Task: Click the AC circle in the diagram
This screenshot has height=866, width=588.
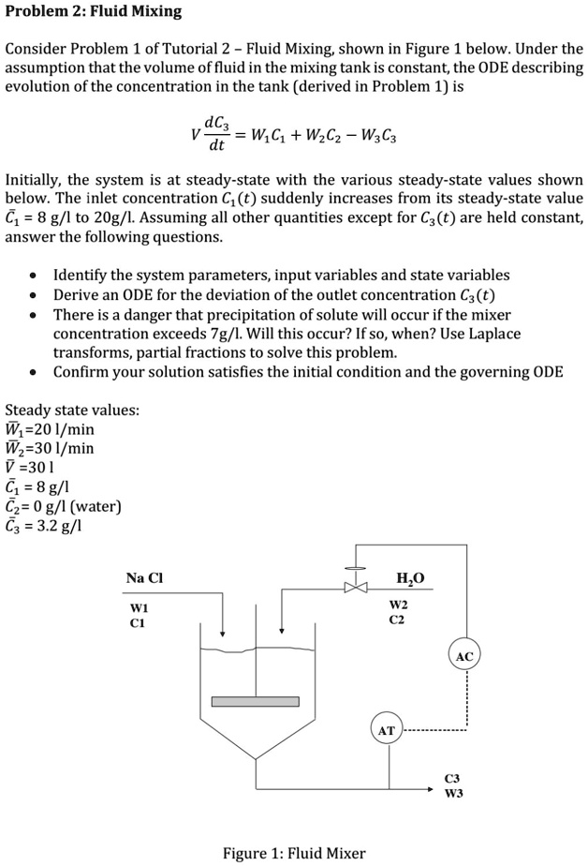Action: (x=465, y=657)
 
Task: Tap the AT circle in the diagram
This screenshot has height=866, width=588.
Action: (x=386, y=729)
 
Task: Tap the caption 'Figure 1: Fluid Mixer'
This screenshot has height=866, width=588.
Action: (x=294, y=853)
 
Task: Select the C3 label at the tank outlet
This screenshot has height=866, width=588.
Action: (x=452, y=778)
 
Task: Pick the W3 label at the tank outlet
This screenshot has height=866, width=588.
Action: (x=453, y=792)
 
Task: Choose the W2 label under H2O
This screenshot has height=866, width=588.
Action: (x=399, y=605)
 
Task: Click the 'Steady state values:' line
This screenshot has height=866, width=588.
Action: (x=73, y=410)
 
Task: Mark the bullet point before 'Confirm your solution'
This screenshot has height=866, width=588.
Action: (x=34, y=372)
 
